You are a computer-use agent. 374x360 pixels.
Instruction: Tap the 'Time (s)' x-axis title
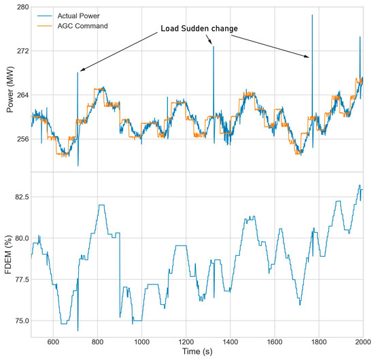pos(197,353)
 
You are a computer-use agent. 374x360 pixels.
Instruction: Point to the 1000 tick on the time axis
pos(141,342)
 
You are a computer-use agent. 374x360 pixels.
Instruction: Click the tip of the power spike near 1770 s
pos(312,15)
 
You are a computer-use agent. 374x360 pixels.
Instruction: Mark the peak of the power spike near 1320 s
pos(213,46)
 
